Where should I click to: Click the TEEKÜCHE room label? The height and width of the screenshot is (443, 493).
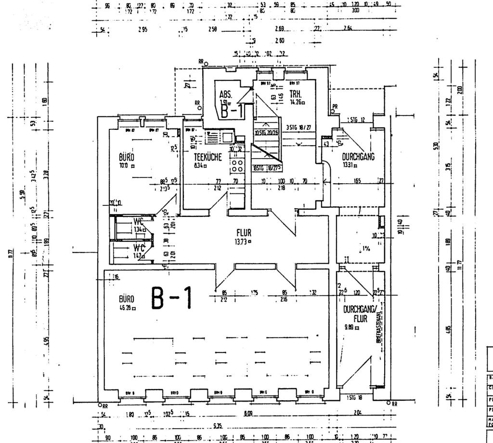(208, 157)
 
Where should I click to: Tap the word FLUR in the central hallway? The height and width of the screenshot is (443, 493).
(244, 233)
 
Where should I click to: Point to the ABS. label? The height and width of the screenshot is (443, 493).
(226, 95)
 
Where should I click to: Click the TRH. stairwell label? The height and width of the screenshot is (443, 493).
(296, 94)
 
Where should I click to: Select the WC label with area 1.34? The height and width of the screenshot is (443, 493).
(139, 222)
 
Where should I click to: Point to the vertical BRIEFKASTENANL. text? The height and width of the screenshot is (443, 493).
(378, 325)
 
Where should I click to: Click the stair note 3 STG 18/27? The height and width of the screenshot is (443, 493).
(298, 127)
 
